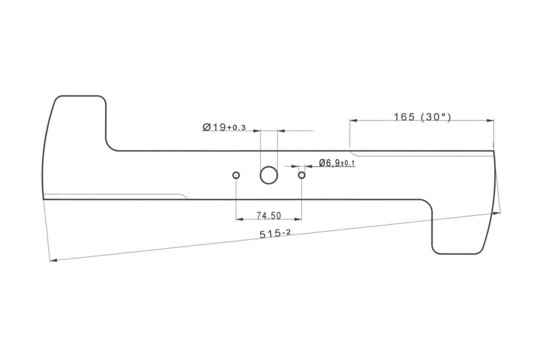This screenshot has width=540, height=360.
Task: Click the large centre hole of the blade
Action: click(x=269, y=175)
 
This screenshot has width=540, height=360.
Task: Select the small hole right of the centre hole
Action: click(x=301, y=175)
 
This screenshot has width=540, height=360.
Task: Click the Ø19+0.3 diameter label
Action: click(x=224, y=127)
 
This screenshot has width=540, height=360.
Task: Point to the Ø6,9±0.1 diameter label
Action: click(x=337, y=163)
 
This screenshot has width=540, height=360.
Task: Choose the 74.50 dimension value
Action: click(x=269, y=216)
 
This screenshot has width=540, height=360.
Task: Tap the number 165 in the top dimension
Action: click(x=404, y=117)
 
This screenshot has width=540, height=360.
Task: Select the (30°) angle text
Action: click(x=435, y=117)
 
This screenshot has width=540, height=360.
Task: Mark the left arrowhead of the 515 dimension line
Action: click(x=53, y=260)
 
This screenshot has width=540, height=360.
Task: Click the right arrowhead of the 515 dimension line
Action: click(x=497, y=213)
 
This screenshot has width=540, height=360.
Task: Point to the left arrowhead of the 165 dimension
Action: click(x=353, y=121)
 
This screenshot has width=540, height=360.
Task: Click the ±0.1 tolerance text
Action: click(x=347, y=164)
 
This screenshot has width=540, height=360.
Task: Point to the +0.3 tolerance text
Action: click(x=236, y=128)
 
